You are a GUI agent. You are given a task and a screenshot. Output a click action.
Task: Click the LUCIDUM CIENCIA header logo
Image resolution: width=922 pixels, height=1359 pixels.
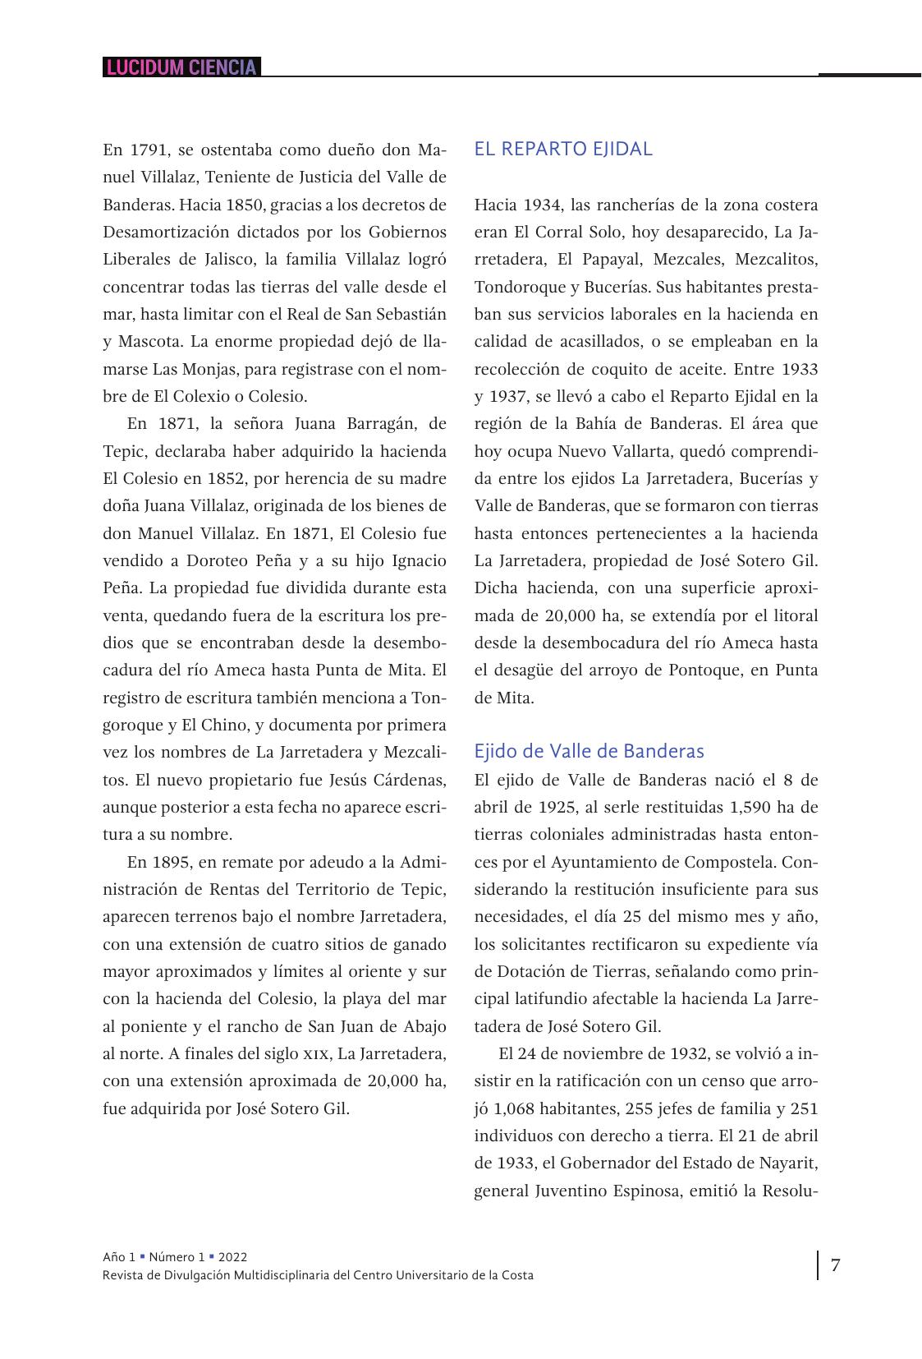pos(181,67)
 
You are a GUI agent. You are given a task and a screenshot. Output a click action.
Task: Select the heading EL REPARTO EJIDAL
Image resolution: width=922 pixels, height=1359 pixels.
pos(563,149)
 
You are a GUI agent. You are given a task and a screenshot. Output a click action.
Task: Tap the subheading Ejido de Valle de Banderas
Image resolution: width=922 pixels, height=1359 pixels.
pos(589,751)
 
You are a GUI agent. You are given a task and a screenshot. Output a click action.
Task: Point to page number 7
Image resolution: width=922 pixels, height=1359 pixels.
pos(836,1265)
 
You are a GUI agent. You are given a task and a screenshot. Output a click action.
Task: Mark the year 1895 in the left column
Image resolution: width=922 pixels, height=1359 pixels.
pos(172,862)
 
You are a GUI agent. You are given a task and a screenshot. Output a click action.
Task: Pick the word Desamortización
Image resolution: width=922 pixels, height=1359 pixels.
pos(165,233)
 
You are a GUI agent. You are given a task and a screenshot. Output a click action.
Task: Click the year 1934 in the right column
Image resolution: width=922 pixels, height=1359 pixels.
pos(541,205)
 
